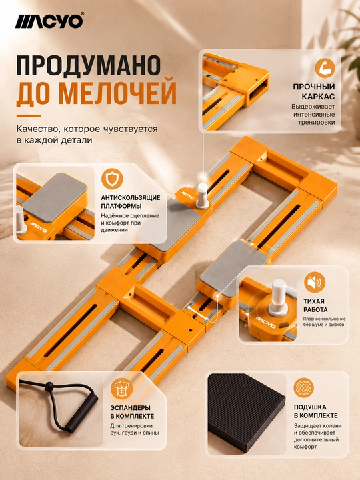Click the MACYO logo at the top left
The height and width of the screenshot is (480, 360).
49,21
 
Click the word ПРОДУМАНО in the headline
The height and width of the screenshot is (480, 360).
89,65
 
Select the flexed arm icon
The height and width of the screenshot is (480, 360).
325,67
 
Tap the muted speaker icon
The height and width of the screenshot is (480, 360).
315,282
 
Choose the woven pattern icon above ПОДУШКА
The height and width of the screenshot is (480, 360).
304,388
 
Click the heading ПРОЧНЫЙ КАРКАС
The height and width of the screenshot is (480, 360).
314,91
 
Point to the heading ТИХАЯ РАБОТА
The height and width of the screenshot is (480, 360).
315,305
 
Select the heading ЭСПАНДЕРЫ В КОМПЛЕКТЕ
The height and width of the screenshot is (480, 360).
132,412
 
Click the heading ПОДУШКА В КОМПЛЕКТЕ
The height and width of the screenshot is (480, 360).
315,411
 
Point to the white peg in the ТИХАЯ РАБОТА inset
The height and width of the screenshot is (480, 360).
279,296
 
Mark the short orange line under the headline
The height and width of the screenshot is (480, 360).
29,116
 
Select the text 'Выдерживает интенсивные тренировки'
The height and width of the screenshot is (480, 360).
313,115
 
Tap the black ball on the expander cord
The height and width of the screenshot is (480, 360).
48,387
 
